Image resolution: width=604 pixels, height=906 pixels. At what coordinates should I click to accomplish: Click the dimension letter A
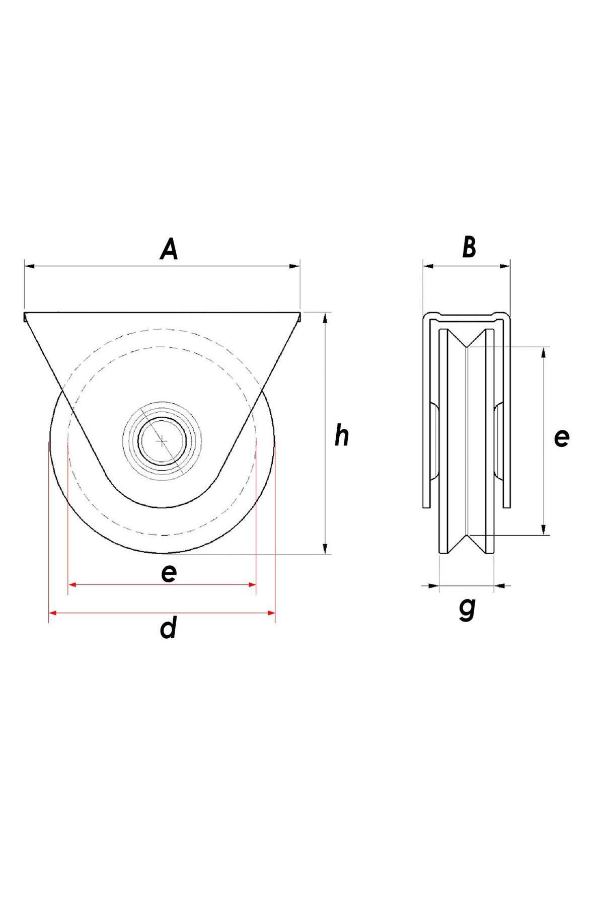170,250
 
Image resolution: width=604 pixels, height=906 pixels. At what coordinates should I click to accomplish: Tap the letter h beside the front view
342,436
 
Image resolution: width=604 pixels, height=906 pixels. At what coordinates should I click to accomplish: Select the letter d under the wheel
169,628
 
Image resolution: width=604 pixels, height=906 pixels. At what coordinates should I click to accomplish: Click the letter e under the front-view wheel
169,573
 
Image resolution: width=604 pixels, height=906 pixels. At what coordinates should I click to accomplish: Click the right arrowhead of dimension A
294,266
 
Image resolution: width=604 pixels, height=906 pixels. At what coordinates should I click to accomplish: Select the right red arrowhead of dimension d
271,613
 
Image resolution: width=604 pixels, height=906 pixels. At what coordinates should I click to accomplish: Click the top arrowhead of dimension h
326,318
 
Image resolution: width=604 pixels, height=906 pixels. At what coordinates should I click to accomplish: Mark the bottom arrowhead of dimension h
326,549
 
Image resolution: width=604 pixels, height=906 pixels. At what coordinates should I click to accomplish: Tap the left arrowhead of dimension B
428,266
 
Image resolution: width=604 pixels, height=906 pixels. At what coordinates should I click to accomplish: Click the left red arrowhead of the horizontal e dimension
72,585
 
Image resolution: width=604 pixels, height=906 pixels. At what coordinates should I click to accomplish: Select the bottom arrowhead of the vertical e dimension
544,528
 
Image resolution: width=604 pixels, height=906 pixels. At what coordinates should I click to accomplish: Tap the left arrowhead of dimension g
433,585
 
